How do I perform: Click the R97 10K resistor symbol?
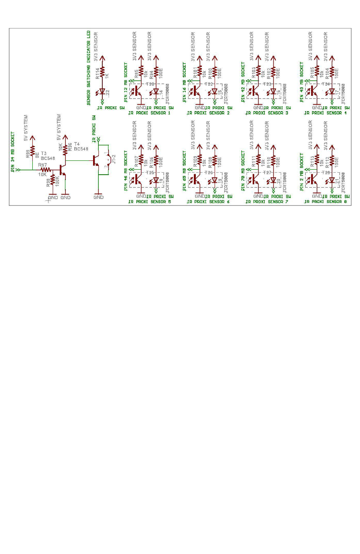[46, 169]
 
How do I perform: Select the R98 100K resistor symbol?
[52, 180]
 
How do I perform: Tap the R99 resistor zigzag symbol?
[32, 150]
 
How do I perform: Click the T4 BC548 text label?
[81, 146]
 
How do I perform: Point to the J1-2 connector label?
[113, 159]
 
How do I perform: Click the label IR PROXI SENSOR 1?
[149, 113]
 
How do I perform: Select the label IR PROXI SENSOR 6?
[208, 202]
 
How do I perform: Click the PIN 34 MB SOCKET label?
[13, 152]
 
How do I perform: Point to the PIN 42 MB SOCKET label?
[243, 82]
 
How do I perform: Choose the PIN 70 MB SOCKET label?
[243, 171]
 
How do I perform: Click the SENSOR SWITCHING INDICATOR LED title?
[88, 68]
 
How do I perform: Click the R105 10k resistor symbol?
[317, 73]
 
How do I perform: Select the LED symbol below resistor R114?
[102, 92]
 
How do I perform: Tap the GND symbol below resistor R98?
[52, 197]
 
